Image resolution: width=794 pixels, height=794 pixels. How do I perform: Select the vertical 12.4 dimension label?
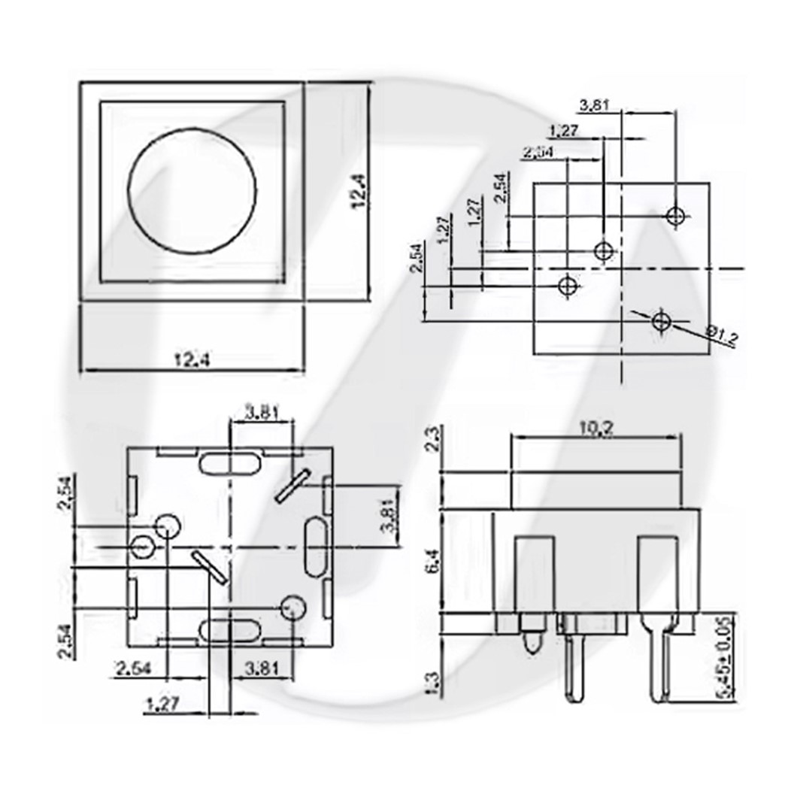[x=359, y=192]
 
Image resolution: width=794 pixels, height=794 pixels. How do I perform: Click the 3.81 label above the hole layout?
[x=595, y=105]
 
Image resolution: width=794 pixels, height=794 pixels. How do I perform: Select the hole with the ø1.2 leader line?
[x=662, y=322]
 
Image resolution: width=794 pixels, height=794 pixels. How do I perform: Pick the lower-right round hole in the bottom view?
[x=292, y=608]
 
